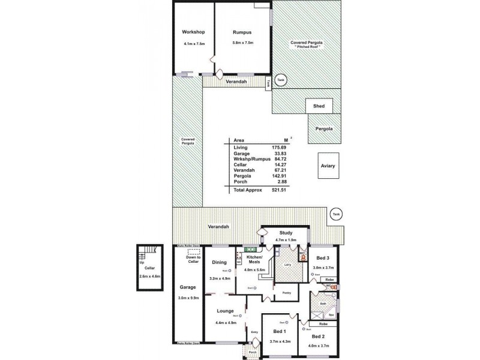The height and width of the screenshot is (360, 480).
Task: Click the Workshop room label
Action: (x=194, y=32)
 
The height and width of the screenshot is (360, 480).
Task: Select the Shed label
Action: (x=319, y=106)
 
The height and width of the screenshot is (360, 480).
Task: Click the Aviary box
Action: (x=328, y=166)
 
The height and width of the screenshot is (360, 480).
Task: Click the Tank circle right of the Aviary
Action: (x=336, y=214)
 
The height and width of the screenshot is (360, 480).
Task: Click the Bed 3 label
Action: (x=323, y=258)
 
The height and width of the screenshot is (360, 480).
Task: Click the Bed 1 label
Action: (x=280, y=331)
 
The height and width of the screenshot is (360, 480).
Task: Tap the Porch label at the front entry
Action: (x=253, y=352)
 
